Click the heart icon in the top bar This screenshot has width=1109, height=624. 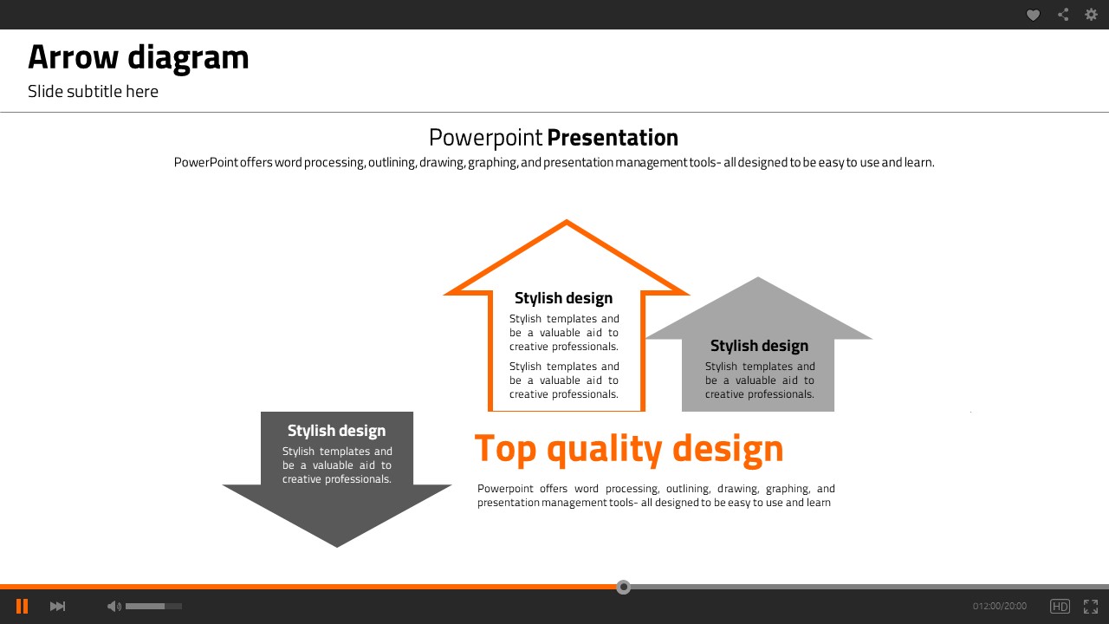coord(1033,15)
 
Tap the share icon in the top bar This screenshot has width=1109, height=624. coord(1063,15)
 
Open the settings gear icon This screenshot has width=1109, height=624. coord(1091,15)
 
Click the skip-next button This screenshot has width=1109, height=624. coord(57,606)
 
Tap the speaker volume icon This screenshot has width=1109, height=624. coord(113,606)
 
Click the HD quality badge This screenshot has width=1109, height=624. coord(1060,606)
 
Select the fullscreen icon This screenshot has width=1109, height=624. coord(1091,606)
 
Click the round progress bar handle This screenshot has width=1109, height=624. coord(623,587)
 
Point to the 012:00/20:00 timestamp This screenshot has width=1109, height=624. coord(1000,606)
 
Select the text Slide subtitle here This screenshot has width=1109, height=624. coord(93,92)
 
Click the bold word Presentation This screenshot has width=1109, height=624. coord(613,138)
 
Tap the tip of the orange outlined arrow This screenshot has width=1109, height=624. coord(567,220)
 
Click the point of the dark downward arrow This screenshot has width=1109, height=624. coord(337,547)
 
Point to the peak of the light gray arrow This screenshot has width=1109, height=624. coord(758,277)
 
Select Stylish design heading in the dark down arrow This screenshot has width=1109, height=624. coord(337,431)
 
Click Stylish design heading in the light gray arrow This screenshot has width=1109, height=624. coord(760,346)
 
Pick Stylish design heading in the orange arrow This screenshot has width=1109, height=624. coord(563,298)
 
